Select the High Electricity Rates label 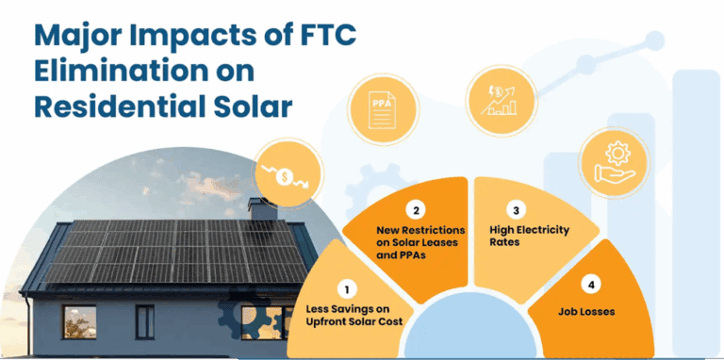coord(528,236)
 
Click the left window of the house coord(79,322)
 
